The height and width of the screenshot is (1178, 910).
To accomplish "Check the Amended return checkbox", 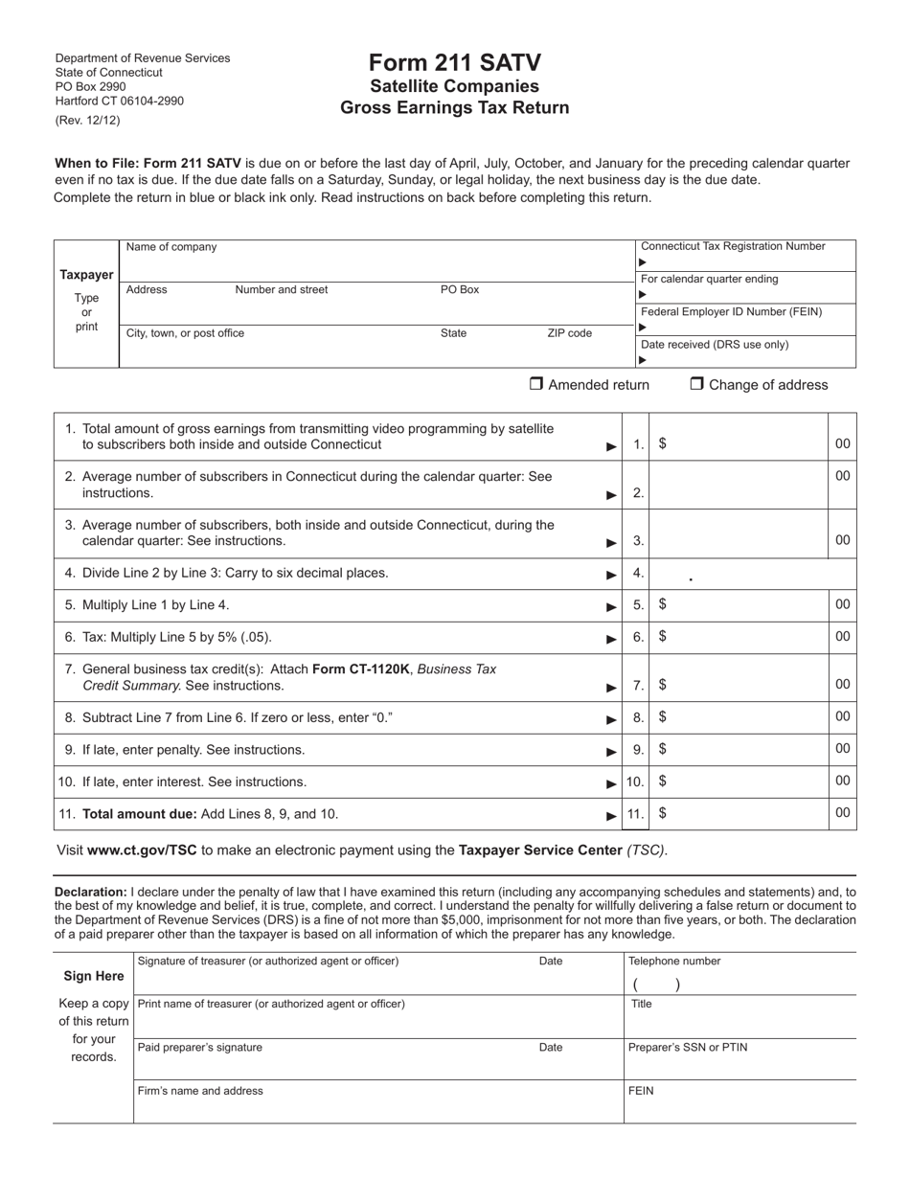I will tap(536, 384).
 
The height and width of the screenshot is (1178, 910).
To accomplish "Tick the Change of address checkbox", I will tap(696, 384).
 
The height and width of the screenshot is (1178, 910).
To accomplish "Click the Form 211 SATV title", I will tap(454, 63).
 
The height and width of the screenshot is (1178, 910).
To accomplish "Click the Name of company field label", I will tap(171, 247).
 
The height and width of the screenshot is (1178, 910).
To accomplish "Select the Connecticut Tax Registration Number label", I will tap(732, 246).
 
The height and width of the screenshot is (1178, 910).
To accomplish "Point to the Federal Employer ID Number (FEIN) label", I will tap(731, 312).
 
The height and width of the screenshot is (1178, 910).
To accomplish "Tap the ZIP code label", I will tap(569, 333).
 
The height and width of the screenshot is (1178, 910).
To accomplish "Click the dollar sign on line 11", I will tap(663, 813).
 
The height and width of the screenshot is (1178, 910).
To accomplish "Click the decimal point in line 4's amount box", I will tap(691, 579).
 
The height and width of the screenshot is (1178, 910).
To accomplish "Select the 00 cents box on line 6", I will tap(842, 636).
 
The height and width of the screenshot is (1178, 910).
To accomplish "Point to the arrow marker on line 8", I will tap(611, 719).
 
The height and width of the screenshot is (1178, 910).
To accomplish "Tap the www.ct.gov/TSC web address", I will tap(142, 850).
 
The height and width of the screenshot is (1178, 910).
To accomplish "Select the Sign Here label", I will tap(93, 976).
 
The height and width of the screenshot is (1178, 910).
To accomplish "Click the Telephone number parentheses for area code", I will tap(656, 985).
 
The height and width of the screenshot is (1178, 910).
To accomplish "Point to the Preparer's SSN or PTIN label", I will tap(687, 1048).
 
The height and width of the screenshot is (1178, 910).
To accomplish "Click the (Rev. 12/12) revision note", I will tap(88, 121).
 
